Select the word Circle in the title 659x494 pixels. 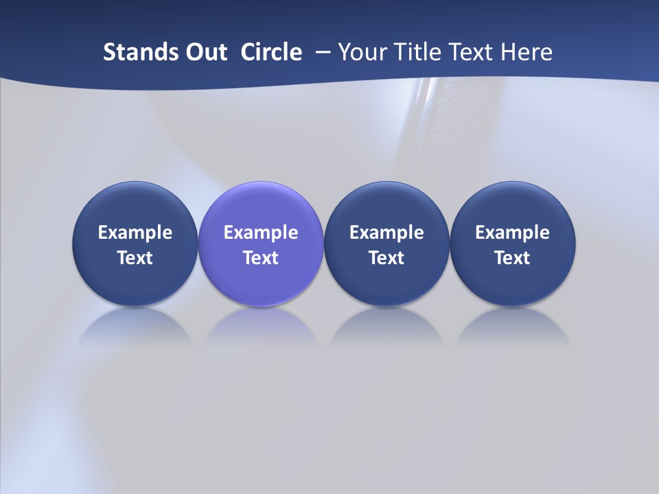point(271,52)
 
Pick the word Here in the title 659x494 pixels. point(527,52)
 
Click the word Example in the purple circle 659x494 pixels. point(261,233)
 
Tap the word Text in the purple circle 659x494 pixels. point(261,258)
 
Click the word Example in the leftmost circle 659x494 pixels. point(135,233)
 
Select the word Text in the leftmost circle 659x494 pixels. point(135,258)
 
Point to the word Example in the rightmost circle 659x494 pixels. point(513,233)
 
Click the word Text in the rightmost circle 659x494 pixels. point(513,258)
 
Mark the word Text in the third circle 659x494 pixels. point(386,258)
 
